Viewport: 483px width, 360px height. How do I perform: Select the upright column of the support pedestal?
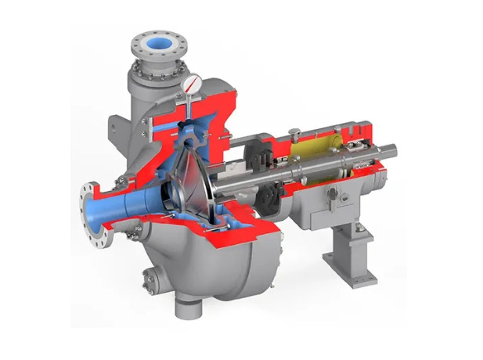point(344,243)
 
